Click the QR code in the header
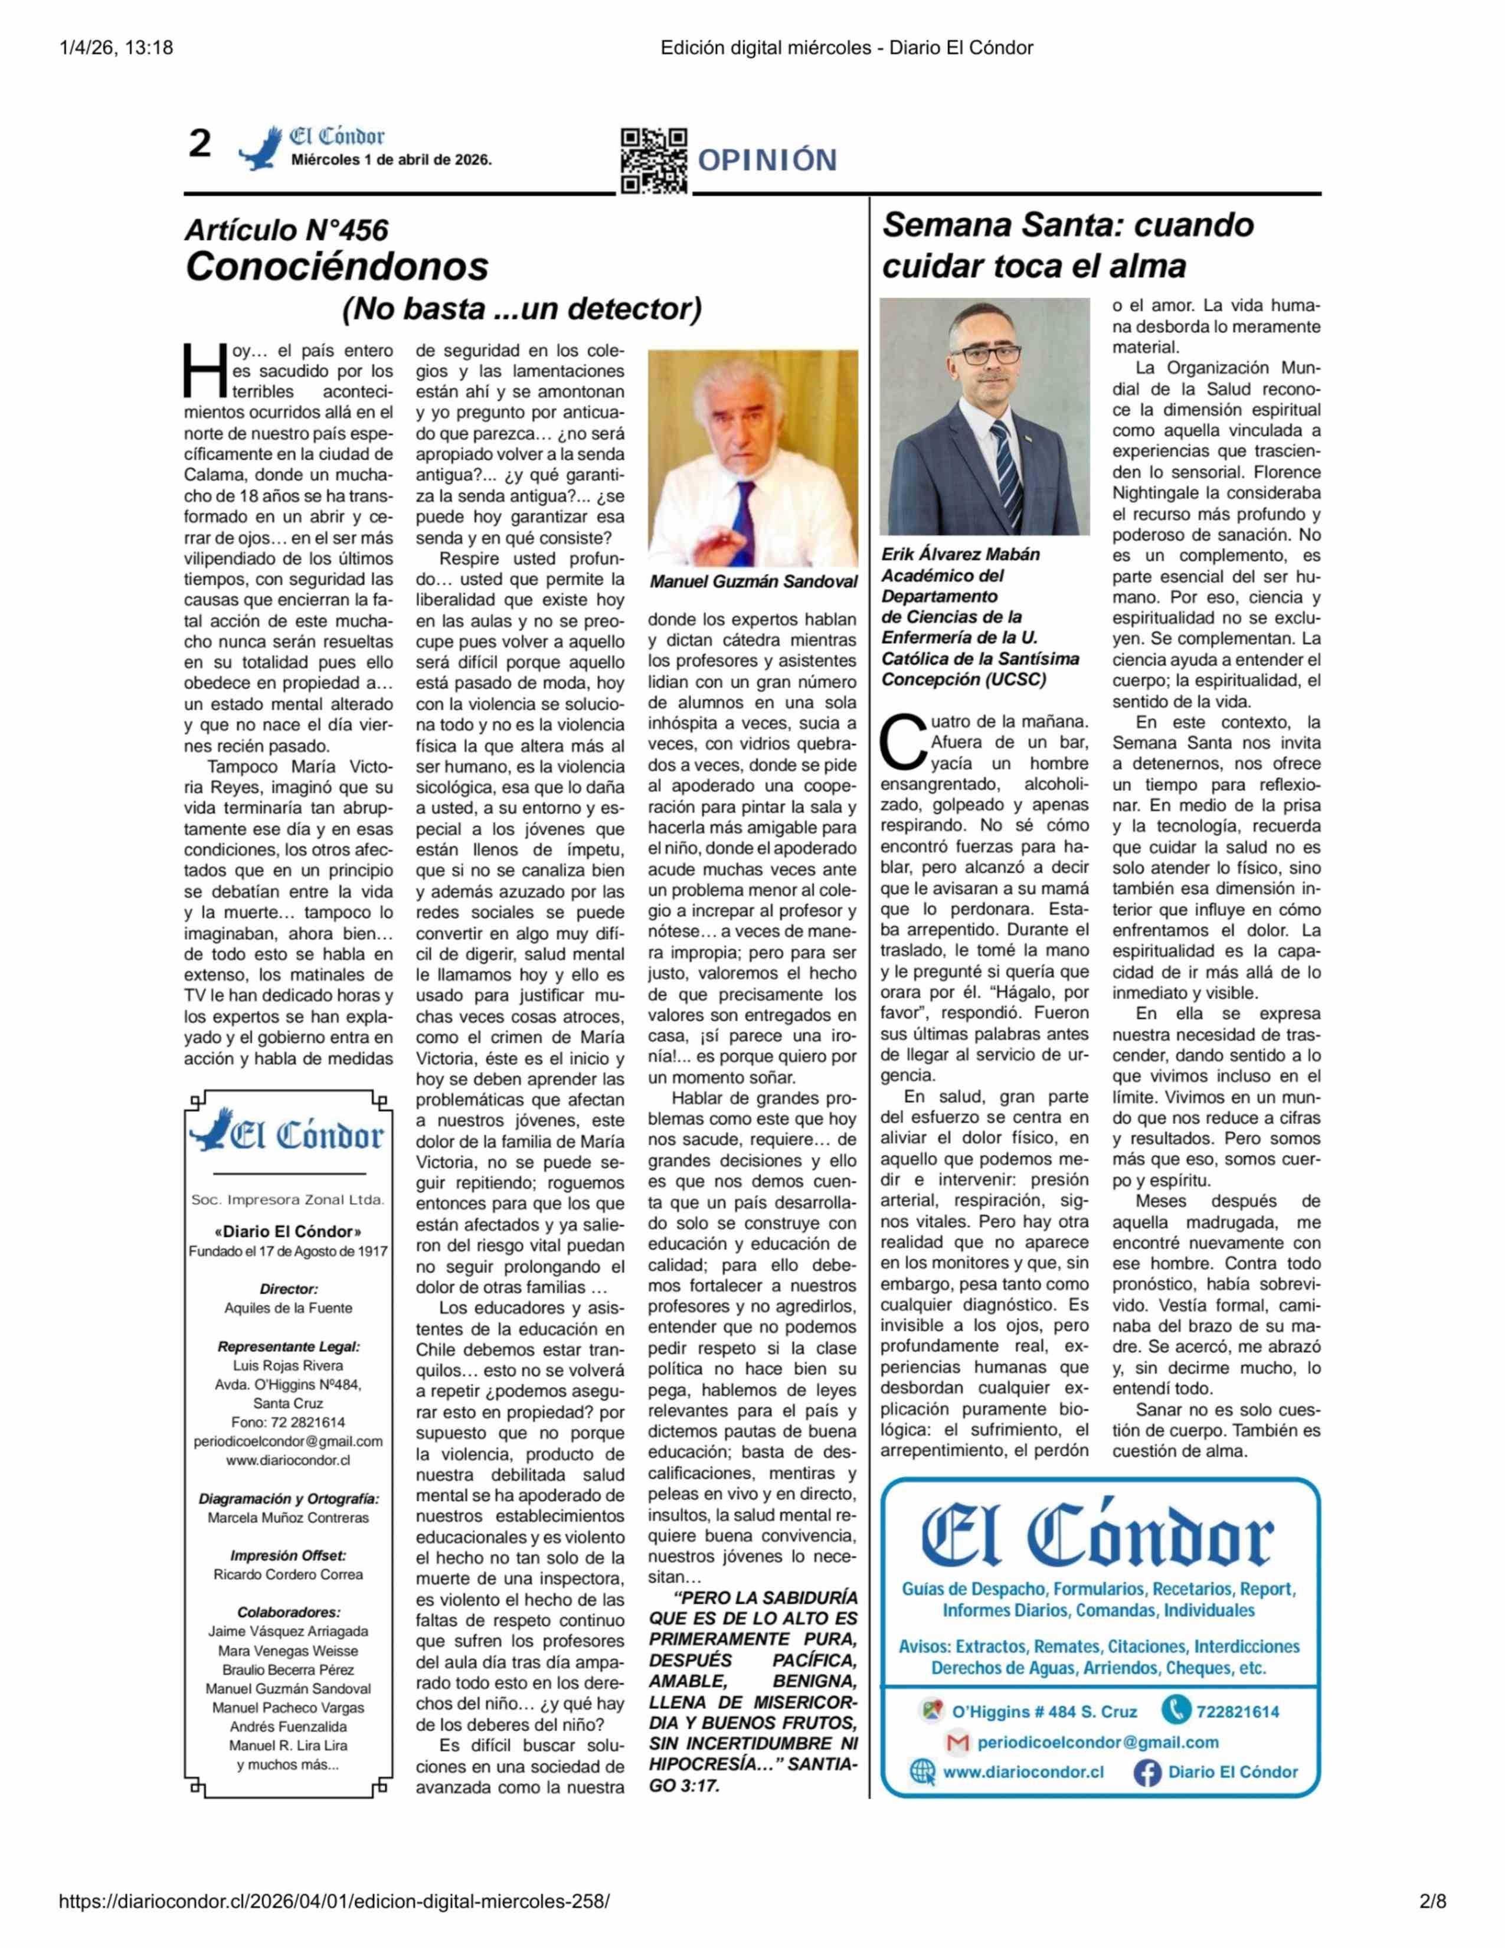coord(653,161)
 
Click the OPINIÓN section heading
coord(767,161)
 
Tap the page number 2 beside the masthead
coord(199,143)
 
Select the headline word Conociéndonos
coord(337,266)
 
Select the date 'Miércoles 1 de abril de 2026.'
coord(391,161)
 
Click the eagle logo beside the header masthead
coord(260,148)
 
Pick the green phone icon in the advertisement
coord(1176,1710)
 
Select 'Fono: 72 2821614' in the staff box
coord(288,1422)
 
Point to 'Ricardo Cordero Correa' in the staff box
coord(288,1574)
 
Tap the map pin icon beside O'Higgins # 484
coord(932,1711)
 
